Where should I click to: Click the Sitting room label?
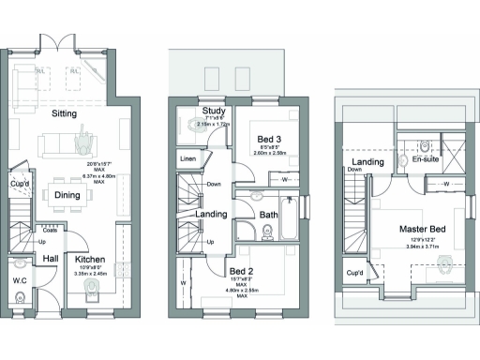coord(64,113)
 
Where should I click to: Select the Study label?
coord(213,114)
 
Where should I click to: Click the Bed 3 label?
coord(271,140)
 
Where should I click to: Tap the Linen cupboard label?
coord(187,158)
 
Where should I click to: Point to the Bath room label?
coord(269,215)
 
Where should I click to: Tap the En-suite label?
coord(425,160)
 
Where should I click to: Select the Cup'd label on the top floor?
coord(354,274)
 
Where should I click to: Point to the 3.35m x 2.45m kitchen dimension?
coord(97,274)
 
